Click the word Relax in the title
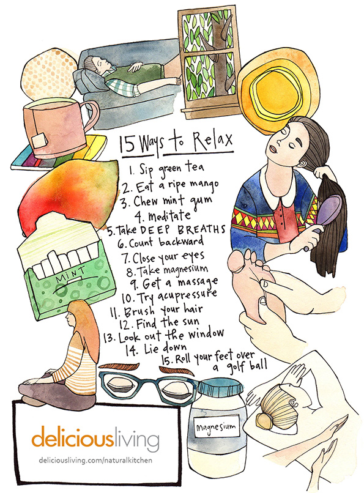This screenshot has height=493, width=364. point(212,141)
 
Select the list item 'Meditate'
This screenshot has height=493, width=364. point(163,215)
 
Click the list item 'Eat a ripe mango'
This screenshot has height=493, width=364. point(170,186)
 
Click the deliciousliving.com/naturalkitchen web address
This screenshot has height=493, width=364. point(95,461)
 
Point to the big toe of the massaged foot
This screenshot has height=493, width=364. point(236,263)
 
